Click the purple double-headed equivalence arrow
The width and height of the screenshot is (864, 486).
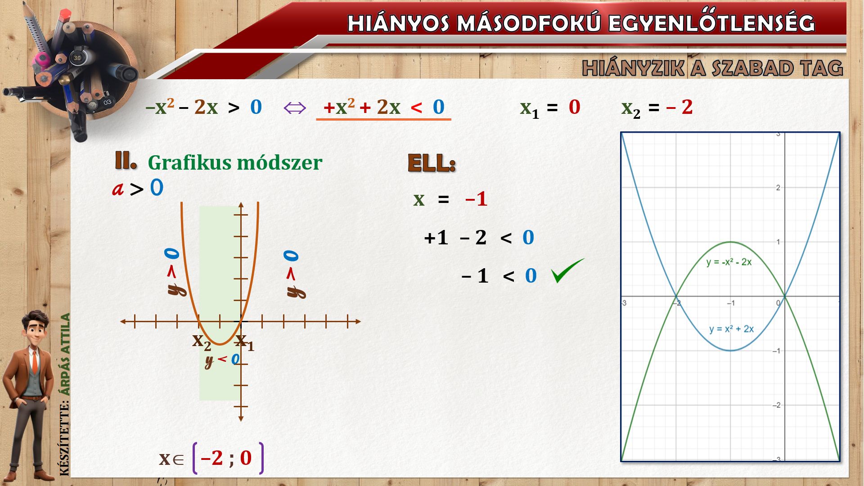pos(295,108)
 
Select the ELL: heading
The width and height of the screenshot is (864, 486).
pos(432,163)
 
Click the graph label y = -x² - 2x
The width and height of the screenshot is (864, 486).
pos(729,262)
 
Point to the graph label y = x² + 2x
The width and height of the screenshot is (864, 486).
pos(731,329)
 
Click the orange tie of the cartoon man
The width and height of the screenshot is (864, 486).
pos(35,363)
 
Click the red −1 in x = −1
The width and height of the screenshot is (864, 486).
pos(476,198)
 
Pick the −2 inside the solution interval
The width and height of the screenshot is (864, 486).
pos(211,458)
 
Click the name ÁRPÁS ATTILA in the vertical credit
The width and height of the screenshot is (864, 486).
pos(66,355)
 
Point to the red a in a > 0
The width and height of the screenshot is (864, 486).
pos(118,189)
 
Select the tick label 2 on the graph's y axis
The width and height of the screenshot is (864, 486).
pos(778,188)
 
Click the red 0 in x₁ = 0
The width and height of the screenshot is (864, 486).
pos(575,107)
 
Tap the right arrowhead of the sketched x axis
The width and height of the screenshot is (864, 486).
pos(358,321)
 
